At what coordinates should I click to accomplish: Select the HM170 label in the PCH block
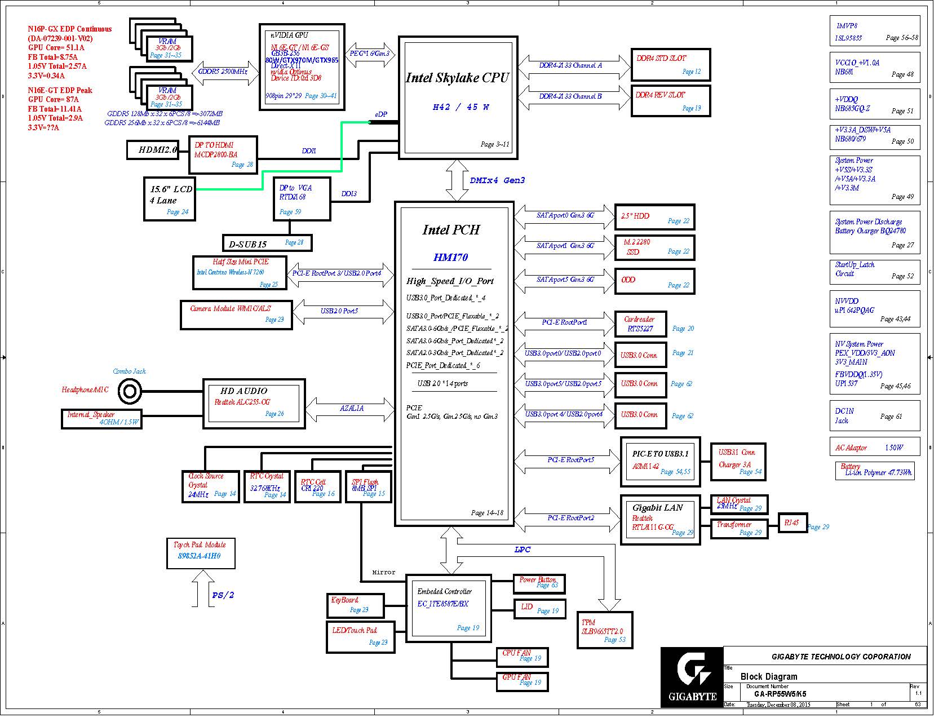tap(455, 260)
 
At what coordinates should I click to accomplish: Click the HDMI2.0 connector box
tap(159, 151)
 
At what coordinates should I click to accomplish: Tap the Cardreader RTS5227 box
tap(647, 327)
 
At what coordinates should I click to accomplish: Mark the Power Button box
tap(544, 589)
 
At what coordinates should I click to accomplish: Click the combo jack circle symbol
tap(131, 395)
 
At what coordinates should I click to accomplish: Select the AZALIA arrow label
tap(355, 413)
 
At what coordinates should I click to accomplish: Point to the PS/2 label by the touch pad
tap(225, 601)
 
